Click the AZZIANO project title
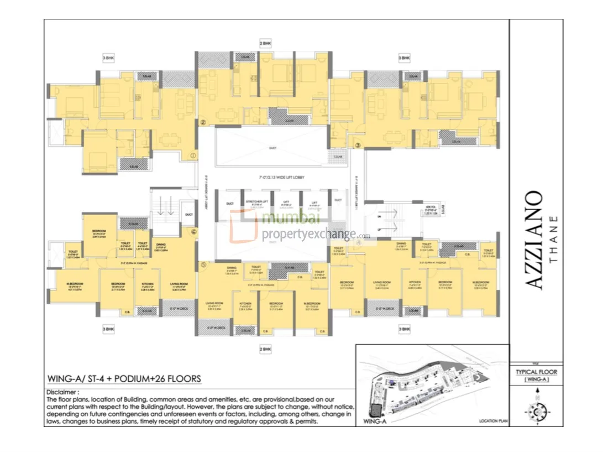click(x=533, y=241)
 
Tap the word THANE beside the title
click(x=555, y=241)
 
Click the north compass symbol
click(x=536, y=411)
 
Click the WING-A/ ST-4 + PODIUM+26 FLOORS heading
click(x=124, y=379)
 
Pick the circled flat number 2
click(x=203, y=123)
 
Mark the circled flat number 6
click(x=193, y=232)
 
